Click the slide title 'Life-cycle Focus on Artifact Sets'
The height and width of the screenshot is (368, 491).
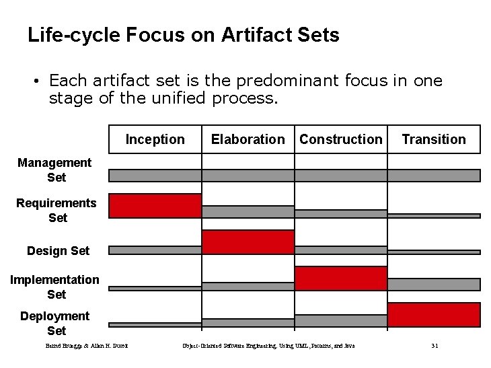pos(183,35)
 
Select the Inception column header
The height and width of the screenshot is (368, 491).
pos(155,139)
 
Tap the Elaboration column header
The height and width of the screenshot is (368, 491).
pos(248,139)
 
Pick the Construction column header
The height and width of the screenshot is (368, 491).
pos(340,139)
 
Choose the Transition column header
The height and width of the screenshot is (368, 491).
pos(433,139)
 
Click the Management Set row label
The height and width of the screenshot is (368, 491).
pos(54,170)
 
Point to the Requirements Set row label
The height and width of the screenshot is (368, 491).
pos(56,210)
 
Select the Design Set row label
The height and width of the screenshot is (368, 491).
pos(58,251)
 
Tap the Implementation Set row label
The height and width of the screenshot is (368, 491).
pos(54,287)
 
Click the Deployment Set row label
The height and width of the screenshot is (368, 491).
pos(55,323)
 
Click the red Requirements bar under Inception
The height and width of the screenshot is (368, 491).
pos(155,206)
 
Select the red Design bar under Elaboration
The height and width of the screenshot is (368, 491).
pos(248,242)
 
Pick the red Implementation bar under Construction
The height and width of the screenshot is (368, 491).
pos(341,279)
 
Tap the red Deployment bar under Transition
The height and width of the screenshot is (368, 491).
pos(434,315)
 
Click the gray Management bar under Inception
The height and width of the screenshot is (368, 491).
pos(155,176)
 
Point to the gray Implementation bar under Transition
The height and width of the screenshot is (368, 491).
pos(434,284)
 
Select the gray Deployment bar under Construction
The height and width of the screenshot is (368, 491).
pos(341,320)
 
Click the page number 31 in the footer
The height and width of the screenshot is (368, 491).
pos(435,346)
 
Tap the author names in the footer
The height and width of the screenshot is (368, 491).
pos(87,346)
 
